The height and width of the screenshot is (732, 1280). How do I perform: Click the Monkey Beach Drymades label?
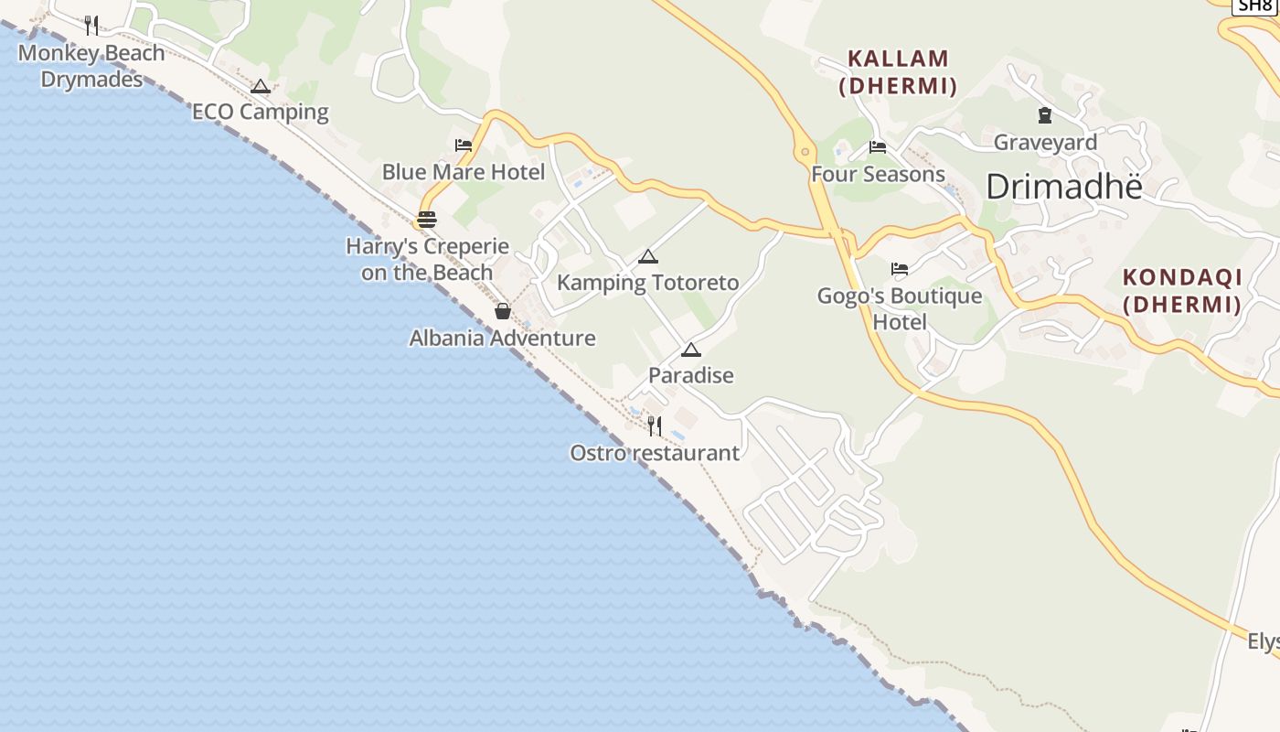(x=91, y=66)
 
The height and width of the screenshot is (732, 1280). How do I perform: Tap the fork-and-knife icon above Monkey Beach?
(x=91, y=25)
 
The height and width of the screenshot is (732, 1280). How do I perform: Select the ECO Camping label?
(x=260, y=113)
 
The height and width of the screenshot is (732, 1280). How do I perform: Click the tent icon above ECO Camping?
(x=261, y=87)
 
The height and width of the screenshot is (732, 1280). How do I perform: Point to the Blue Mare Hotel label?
(x=463, y=172)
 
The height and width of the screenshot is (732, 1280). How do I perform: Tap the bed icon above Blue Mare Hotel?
(x=464, y=145)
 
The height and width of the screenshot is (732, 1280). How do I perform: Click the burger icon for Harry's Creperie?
(x=427, y=220)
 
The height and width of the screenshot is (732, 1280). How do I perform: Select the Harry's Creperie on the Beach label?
(x=427, y=259)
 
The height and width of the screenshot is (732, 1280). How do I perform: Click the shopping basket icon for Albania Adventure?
(x=502, y=311)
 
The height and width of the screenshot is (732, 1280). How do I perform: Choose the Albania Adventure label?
(x=502, y=339)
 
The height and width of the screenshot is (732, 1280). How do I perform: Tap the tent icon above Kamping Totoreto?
(x=648, y=256)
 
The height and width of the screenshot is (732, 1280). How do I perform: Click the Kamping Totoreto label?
(x=647, y=283)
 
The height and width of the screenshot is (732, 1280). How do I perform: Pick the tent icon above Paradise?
(x=691, y=350)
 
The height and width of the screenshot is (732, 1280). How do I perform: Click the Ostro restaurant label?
(x=655, y=453)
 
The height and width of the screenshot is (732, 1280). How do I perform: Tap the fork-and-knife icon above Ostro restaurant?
(x=655, y=425)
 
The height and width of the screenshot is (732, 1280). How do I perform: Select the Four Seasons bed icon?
(x=878, y=146)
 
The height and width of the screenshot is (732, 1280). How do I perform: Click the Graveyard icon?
(x=1045, y=115)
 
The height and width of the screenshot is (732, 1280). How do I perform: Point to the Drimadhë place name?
(x=1064, y=187)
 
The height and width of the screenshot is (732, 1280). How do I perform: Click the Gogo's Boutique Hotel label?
(x=900, y=308)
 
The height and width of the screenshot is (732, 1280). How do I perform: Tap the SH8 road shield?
(x=1254, y=5)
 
